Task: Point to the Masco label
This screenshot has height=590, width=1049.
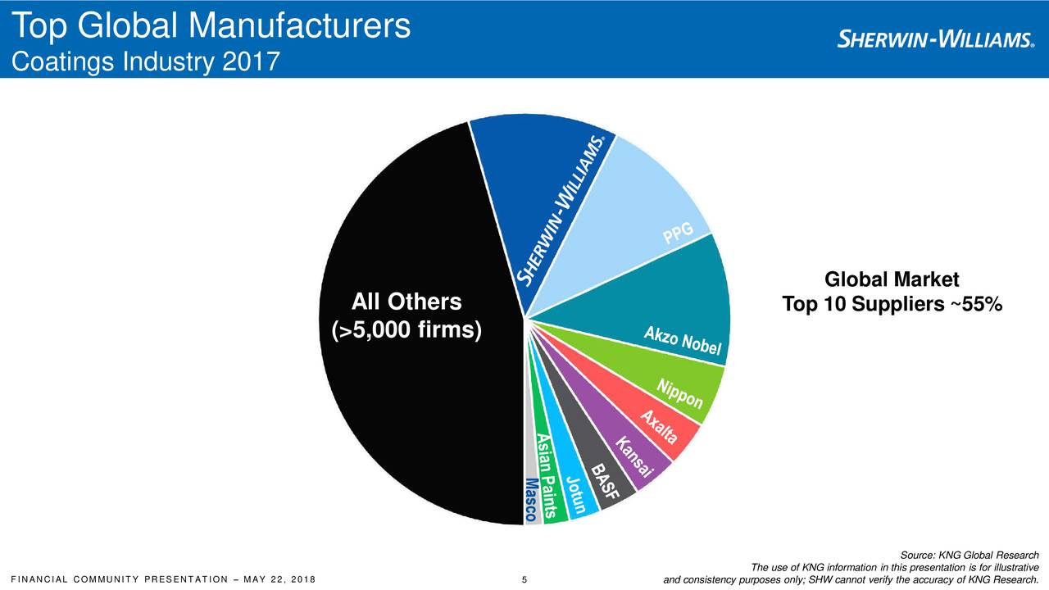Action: (x=531, y=499)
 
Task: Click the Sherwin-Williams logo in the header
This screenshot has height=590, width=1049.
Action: (x=935, y=39)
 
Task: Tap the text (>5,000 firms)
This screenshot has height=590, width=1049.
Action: (x=401, y=331)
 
